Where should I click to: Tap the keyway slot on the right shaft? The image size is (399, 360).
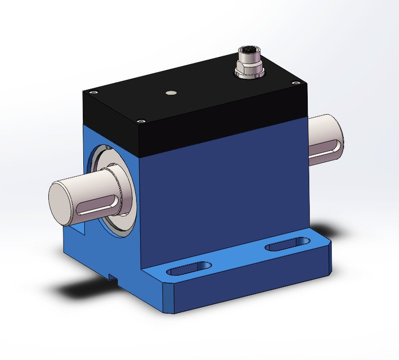click(x=325, y=148)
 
